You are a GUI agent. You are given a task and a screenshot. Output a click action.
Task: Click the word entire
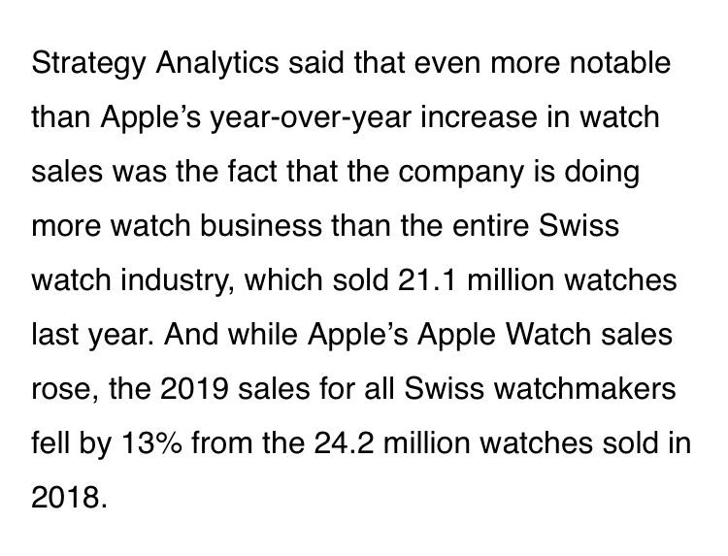point(498,227)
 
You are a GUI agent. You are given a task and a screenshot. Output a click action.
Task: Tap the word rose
point(64,390)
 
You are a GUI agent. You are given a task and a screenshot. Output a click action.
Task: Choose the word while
point(266,336)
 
